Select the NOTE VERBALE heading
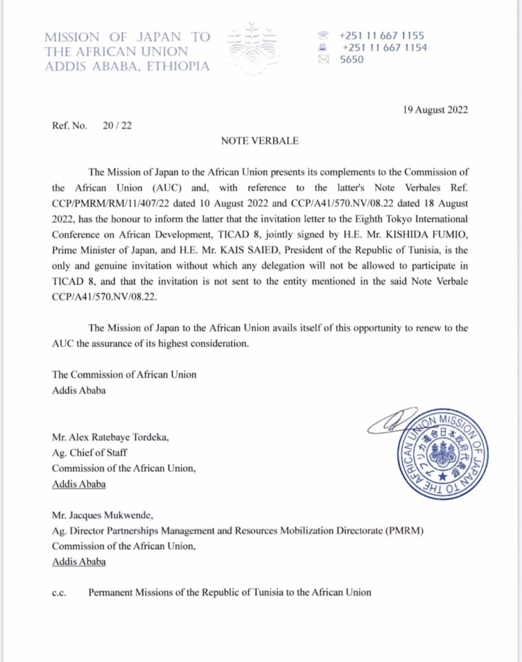click(x=260, y=141)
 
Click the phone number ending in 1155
click(x=382, y=35)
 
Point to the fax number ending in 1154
click(x=384, y=47)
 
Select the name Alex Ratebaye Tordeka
click(x=111, y=438)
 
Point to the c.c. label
click(x=58, y=592)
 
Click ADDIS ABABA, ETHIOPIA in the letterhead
click(x=126, y=66)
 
